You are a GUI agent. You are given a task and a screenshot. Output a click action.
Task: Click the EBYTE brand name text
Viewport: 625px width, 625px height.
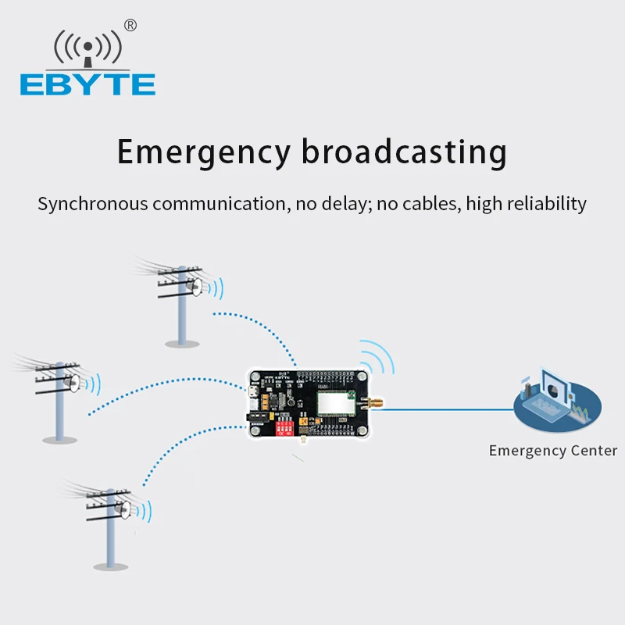pyautogui.click(x=87, y=84)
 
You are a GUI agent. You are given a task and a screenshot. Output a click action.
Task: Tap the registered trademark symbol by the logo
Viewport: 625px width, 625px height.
pyautogui.click(x=130, y=25)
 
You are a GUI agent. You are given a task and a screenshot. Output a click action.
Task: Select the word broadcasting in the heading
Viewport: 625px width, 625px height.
pyautogui.click(x=404, y=152)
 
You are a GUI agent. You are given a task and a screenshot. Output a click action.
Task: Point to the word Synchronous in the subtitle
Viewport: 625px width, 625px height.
pyautogui.click(x=92, y=205)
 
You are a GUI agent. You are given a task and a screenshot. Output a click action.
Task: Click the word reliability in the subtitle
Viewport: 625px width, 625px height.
pyautogui.click(x=546, y=205)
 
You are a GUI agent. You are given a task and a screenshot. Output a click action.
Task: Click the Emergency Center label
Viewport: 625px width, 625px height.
pyautogui.click(x=552, y=451)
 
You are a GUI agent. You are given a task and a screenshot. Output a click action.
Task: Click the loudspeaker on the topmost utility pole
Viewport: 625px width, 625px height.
pyautogui.click(x=201, y=287)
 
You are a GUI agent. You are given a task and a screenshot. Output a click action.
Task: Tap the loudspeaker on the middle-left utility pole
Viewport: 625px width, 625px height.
pyautogui.click(x=76, y=384)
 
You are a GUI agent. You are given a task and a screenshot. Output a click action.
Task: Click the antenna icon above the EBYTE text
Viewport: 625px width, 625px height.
pyautogui.click(x=87, y=48)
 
